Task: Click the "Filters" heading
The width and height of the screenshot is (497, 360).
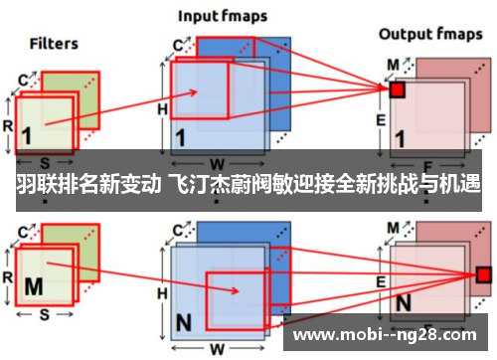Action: coord(54,43)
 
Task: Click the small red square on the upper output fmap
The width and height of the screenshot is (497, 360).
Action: coord(398,90)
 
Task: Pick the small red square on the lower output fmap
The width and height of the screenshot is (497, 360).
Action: coord(483,273)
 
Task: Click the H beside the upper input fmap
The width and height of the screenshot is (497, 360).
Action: coord(162,107)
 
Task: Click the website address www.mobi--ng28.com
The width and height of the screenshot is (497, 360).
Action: coord(386,332)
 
